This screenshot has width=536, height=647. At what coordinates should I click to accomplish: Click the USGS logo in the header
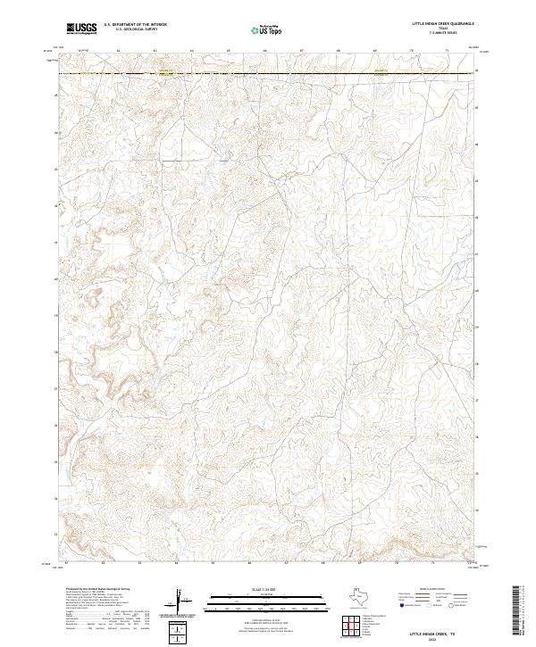point(81,29)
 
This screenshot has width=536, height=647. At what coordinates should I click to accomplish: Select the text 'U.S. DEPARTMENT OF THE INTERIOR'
point(135,24)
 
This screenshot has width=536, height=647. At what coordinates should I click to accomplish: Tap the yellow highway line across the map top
point(268,73)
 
